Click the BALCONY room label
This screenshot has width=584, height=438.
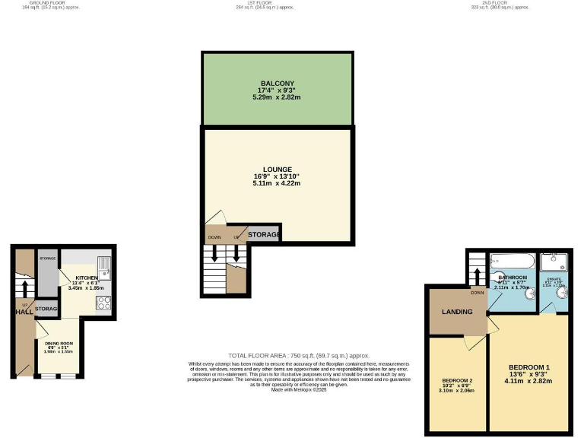click(x=277, y=83)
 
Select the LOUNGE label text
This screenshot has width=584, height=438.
click(x=277, y=169)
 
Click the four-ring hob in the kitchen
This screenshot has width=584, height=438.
click(x=104, y=303)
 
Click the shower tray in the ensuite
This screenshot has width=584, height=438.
click(x=554, y=262)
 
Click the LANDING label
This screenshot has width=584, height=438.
click(x=457, y=312)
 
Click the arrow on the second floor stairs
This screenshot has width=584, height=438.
click(x=477, y=269)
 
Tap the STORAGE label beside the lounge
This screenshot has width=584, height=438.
click(x=264, y=235)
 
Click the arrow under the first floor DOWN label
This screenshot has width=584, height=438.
click(x=215, y=254)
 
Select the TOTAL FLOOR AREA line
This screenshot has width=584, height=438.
click(x=299, y=356)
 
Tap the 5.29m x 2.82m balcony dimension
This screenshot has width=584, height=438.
click(x=277, y=97)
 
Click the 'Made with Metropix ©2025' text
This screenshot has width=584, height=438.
click(x=298, y=389)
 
